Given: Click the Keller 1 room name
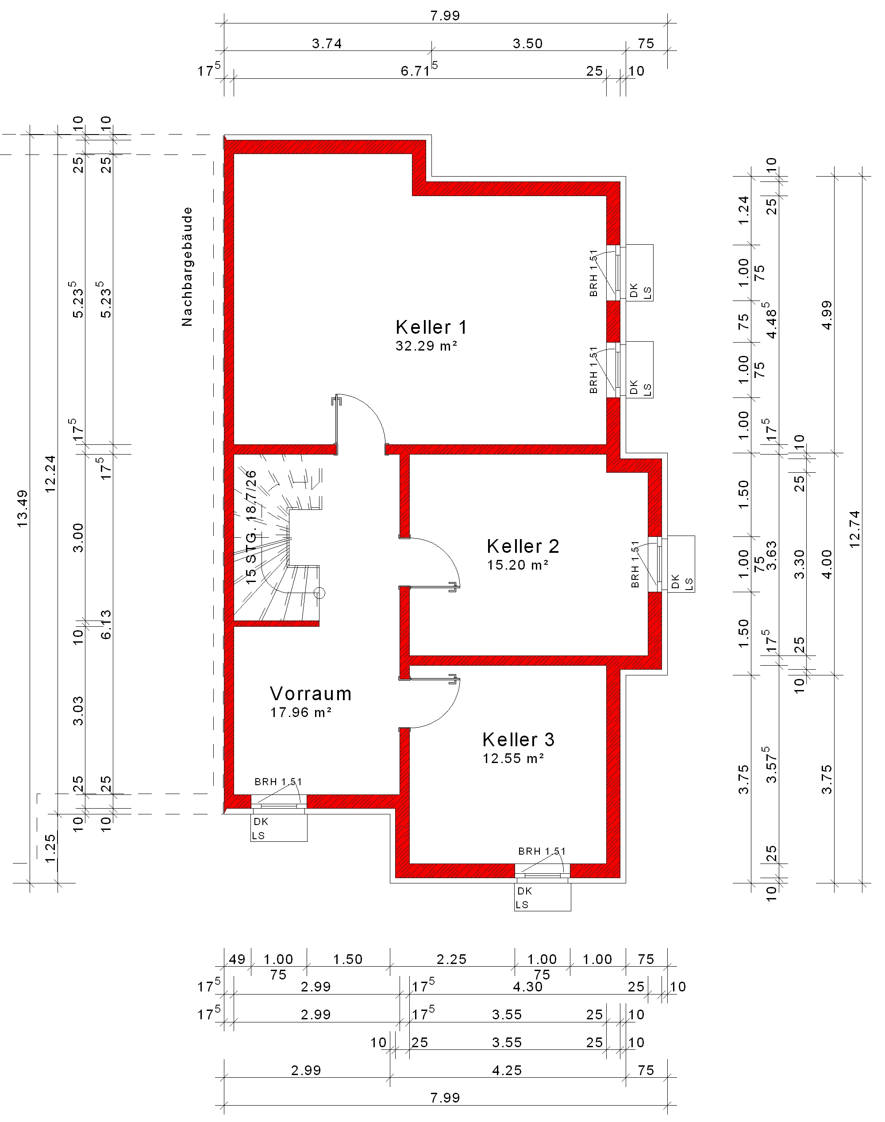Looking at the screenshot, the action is coord(431,327).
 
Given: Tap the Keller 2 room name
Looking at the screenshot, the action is coord(523,546).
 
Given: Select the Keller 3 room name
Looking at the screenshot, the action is coord(518,739).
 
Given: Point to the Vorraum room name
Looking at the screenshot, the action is coord(311,694).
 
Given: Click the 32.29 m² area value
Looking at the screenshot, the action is coord(427,346).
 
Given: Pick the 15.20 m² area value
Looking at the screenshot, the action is coord(518,564).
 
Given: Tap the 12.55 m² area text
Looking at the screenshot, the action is coord(513,758).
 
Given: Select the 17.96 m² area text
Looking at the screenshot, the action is coord(301,712).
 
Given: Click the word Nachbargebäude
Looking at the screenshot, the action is coord(187,267).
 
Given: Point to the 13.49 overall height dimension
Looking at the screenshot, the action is coord(22,509).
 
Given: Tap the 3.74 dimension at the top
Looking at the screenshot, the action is coord(327,43).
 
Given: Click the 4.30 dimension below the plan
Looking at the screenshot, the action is coord(527,986).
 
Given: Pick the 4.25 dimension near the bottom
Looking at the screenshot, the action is coord(507,1070).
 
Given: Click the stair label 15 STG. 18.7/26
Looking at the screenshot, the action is coord(251,528).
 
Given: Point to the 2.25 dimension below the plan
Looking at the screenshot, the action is coord(451,959).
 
